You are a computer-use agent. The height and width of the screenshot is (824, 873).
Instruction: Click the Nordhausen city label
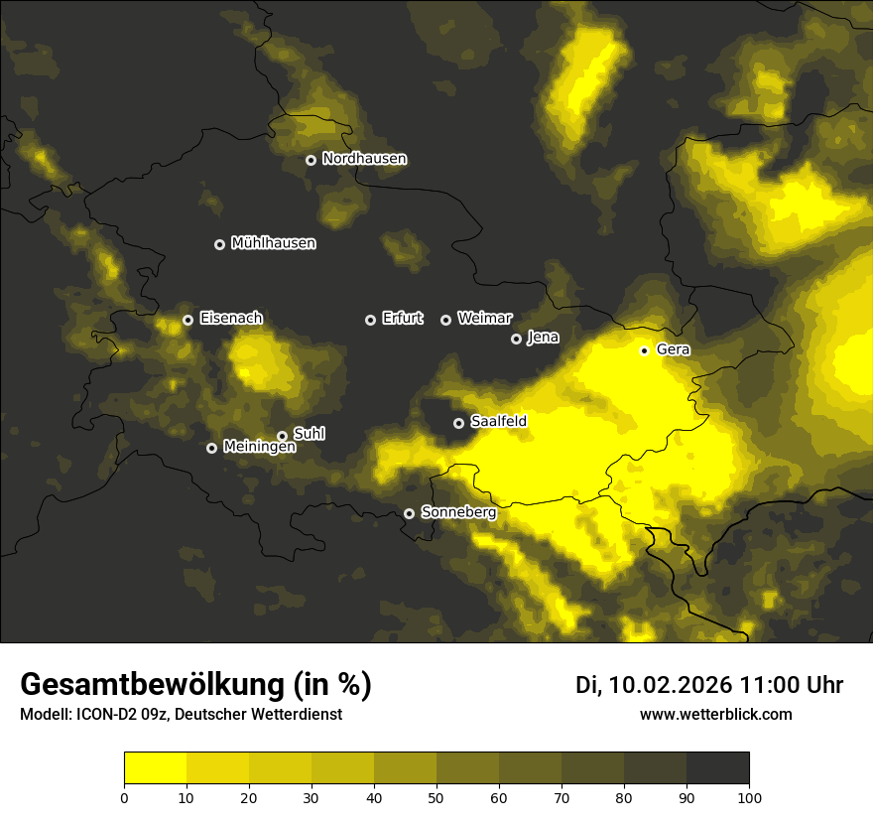(x=364, y=159)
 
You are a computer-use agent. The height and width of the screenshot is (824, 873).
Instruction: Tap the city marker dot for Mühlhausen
(x=220, y=244)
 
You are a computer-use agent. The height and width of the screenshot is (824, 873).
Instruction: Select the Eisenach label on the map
(x=231, y=319)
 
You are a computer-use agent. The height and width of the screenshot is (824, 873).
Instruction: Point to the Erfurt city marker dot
(x=371, y=320)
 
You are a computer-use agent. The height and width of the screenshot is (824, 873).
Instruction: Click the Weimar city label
(x=485, y=319)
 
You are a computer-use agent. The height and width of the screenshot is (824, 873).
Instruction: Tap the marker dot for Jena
(x=516, y=339)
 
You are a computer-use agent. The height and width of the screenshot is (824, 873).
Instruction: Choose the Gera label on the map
(x=673, y=349)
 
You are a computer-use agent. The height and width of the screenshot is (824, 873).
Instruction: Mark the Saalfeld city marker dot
(x=458, y=423)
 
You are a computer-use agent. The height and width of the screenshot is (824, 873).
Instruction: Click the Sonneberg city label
(x=458, y=512)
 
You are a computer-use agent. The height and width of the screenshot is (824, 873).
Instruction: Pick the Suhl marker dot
(x=282, y=436)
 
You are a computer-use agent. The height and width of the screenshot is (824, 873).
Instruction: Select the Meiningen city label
(x=260, y=448)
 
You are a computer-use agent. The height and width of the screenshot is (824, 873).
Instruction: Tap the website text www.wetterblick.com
(x=716, y=715)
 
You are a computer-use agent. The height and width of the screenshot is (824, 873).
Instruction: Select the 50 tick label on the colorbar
(x=436, y=797)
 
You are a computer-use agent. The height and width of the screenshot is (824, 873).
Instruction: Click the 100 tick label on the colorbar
(x=749, y=797)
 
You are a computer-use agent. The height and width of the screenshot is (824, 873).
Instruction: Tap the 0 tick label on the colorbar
(x=124, y=797)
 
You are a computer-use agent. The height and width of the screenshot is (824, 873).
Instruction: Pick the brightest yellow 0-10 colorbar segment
(x=155, y=767)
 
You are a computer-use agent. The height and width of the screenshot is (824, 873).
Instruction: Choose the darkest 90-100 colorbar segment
(x=717, y=767)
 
